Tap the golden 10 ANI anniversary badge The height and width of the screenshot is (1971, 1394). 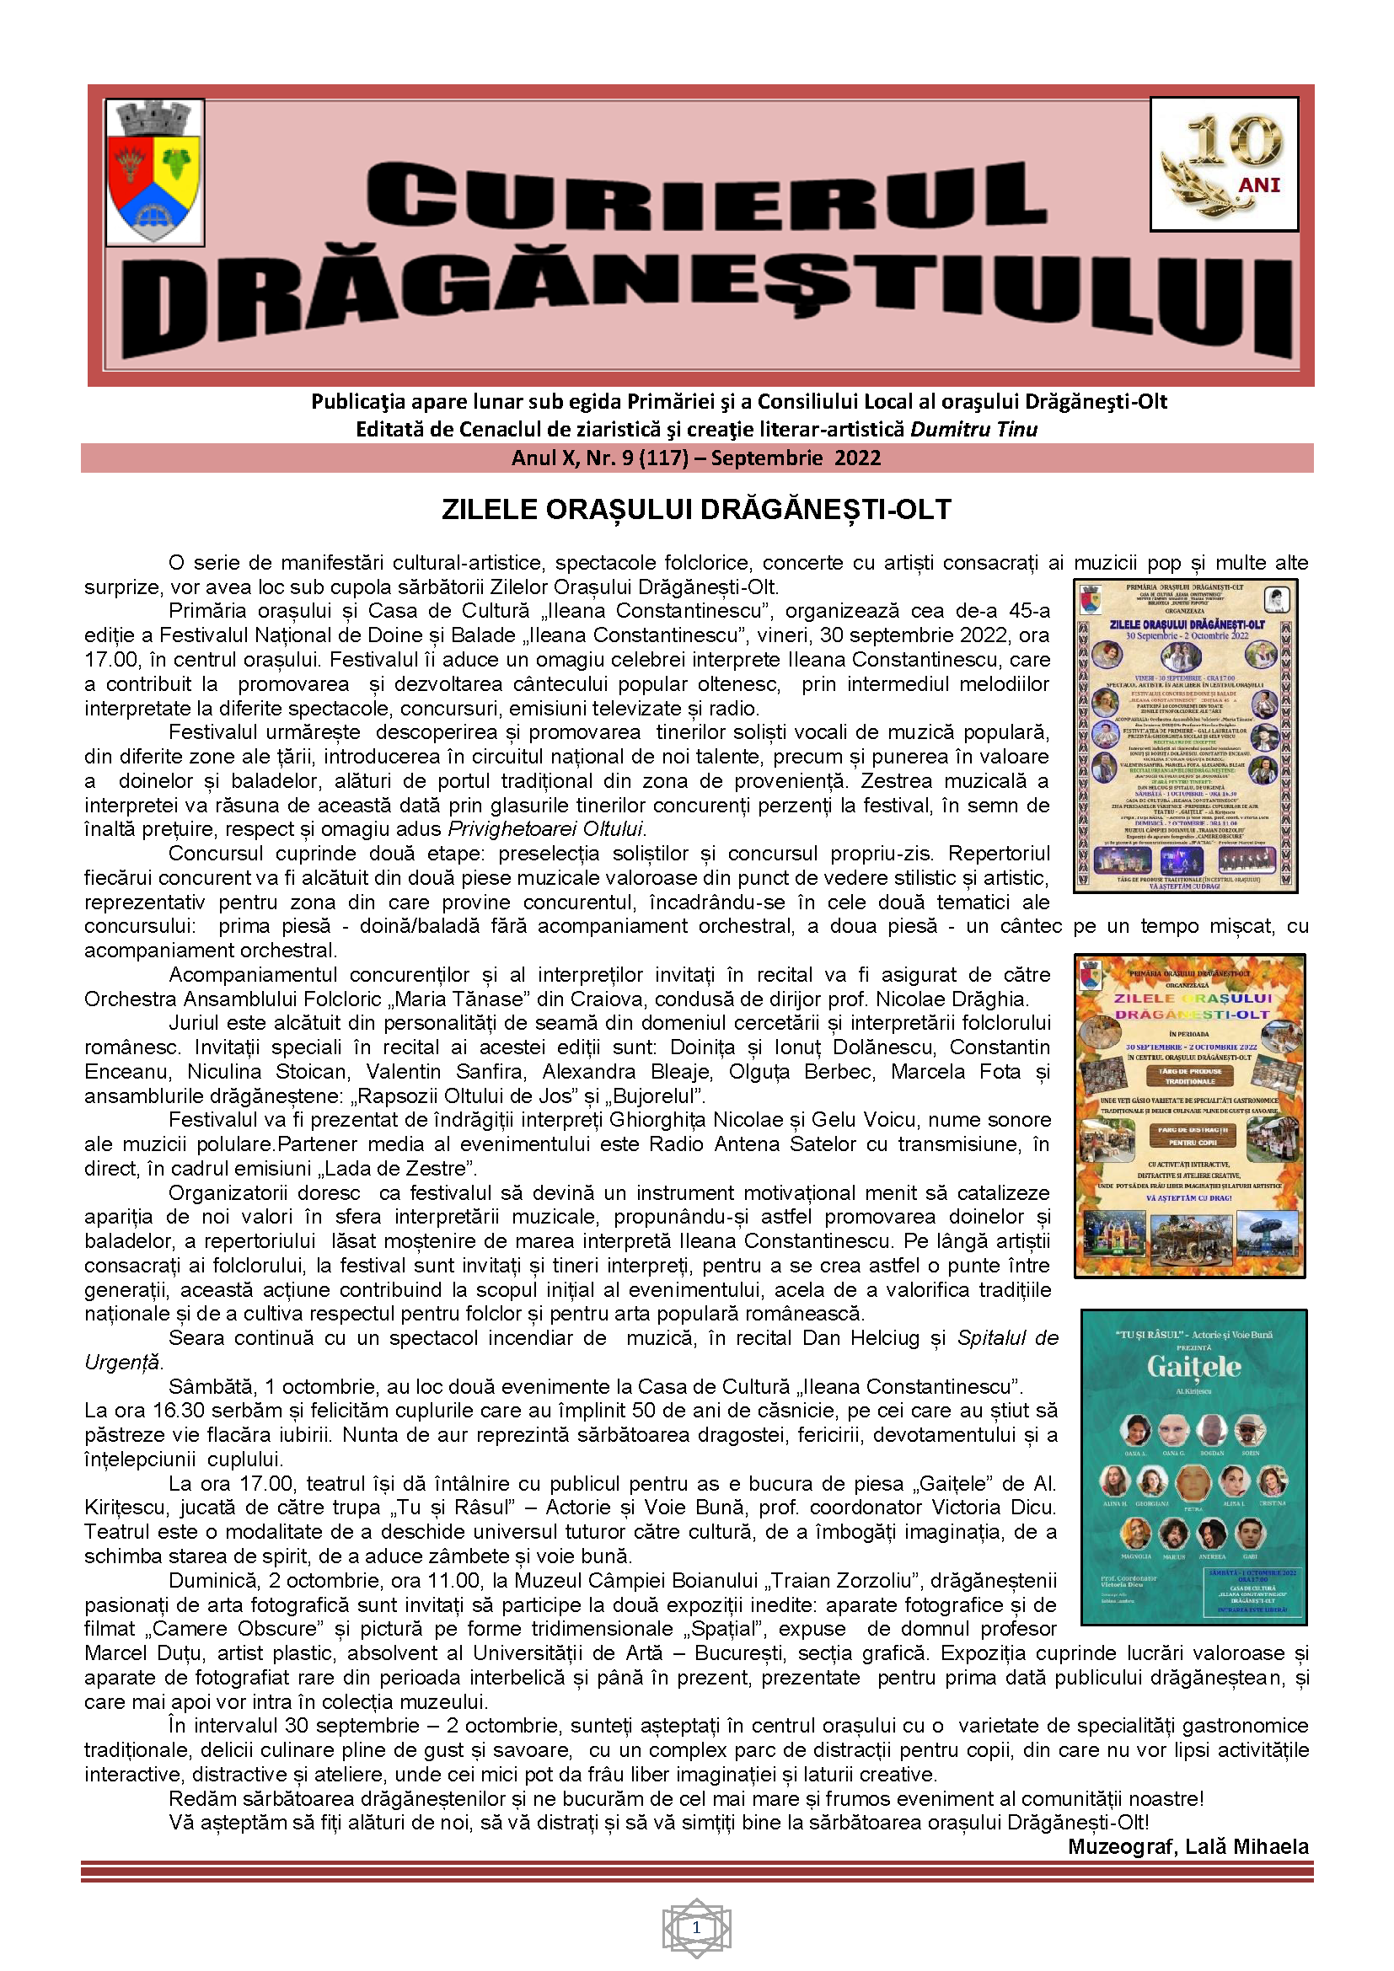1223,164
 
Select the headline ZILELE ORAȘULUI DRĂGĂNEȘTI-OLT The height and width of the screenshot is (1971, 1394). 696,509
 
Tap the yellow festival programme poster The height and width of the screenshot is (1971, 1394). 1186,736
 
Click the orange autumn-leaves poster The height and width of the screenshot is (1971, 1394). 1190,1116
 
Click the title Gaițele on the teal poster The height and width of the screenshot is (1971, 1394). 1193,1367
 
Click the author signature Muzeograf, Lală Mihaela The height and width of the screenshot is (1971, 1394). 1188,1846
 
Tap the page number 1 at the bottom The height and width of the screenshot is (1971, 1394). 696,1928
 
